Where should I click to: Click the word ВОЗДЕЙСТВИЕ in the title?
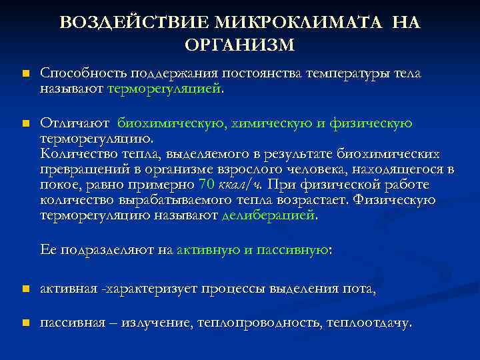tap(134, 23)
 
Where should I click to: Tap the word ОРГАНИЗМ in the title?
tap(239, 45)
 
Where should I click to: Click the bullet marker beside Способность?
tap(25, 74)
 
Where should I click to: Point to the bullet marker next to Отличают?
tap(25, 124)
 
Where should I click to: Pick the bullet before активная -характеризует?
tap(25, 289)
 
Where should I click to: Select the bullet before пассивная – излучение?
tap(25, 323)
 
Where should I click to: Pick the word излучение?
tap(154, 323)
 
